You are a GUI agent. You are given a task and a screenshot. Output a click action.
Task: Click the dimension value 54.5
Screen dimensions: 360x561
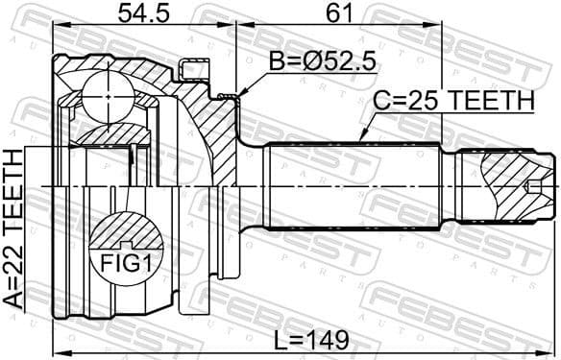point(141,14)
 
